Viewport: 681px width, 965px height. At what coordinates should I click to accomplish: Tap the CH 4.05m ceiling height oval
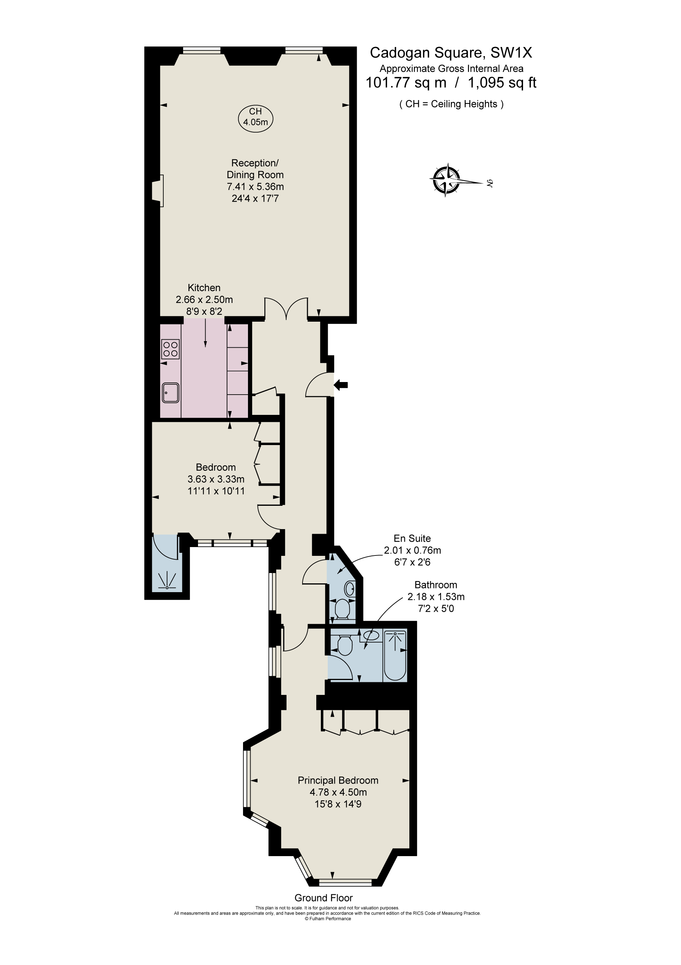point(256,118)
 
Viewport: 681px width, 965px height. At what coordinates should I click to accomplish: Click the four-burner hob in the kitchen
point(171,348)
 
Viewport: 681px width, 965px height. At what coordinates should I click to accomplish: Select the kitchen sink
point(171,393)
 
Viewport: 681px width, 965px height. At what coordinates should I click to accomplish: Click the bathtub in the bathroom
point(395,655)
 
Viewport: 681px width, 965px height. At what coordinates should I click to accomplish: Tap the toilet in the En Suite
point(343,608)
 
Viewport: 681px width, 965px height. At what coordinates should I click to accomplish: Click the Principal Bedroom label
point(338,780)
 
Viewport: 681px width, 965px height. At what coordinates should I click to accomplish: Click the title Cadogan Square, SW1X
point(451,53)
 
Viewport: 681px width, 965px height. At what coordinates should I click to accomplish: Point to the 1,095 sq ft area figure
point(502,83)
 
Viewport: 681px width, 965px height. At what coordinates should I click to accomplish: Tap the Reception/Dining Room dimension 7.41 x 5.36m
point(255,186)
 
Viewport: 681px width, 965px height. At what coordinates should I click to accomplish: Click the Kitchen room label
point(204,288)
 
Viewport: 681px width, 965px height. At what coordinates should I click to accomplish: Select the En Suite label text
point(412,538)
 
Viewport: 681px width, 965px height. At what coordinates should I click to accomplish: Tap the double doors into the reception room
point(287,309)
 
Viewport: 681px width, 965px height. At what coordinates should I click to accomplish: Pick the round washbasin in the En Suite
point(350,587)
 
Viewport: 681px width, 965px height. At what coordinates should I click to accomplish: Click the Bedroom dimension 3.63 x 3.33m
point(216,479)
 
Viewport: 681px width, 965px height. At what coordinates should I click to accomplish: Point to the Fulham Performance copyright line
point(328,918)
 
